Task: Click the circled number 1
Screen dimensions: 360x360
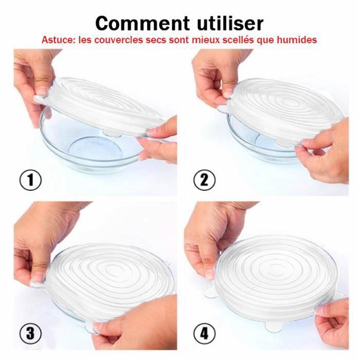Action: click(30, 181)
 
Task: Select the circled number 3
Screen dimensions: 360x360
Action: click(30, 333)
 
